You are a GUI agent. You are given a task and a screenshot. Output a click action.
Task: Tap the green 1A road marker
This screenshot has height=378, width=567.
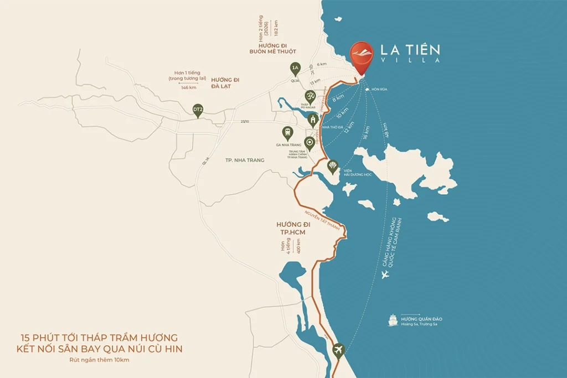[295, 69]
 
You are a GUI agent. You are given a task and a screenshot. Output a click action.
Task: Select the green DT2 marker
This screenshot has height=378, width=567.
[198, 110]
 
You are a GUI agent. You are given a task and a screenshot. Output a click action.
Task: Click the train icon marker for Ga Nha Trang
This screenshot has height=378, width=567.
[287, 132]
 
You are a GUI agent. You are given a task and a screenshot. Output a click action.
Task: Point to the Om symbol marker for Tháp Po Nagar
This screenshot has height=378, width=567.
[311, 96]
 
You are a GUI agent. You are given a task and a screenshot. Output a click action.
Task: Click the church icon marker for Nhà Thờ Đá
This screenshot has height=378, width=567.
[313, 120]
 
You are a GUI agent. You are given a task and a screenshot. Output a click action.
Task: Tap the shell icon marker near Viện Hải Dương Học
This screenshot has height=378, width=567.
[333, 166]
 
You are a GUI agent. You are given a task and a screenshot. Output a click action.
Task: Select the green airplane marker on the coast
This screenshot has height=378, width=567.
[338, 350]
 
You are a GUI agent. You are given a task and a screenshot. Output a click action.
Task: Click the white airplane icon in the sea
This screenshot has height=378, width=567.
[386, 275]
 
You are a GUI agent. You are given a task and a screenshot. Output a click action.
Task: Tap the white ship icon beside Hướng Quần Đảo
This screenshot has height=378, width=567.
[393, 320]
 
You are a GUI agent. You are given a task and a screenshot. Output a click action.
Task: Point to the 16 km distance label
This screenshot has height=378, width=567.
[365, 133]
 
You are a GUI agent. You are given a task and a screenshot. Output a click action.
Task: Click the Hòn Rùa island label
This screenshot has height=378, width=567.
[379, 89]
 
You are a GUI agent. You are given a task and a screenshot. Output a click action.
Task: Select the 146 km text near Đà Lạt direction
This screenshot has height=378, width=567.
[188, 87]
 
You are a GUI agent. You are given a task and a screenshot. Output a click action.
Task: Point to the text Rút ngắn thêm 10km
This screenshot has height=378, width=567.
[100, 360]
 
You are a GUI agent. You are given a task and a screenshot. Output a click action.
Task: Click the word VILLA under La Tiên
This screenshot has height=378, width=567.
[410, 60]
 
